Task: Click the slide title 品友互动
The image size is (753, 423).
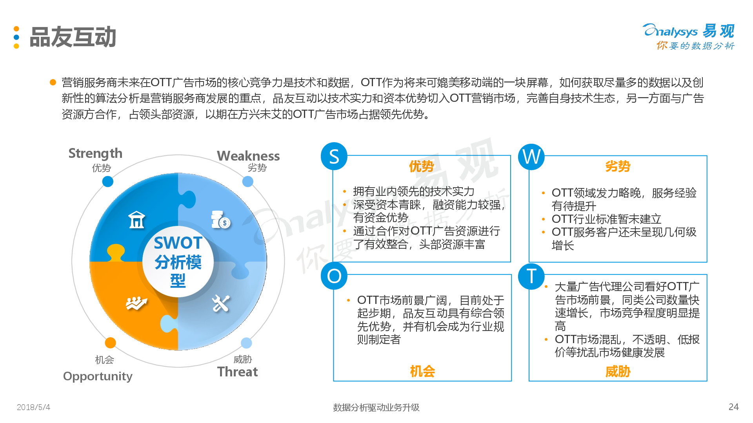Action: [73, 37]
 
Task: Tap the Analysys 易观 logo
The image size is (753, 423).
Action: [689, 36]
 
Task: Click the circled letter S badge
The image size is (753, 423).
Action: [334, 156]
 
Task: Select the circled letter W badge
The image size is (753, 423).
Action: [531, 157]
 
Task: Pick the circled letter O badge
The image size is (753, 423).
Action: [334, 276]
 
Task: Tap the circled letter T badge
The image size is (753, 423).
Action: [531, 276]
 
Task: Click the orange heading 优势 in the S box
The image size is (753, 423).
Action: [421, 166]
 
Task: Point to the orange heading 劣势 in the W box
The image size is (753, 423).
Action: [618, 166]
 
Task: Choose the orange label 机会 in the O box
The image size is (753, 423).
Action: [422, 371]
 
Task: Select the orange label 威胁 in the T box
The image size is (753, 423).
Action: [618, 371]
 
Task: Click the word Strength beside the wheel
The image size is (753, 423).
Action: [95, 154]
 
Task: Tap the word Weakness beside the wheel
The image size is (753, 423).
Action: [248, 156]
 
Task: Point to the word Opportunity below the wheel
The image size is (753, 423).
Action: [98, 376]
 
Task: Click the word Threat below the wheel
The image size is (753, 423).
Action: [238, 372]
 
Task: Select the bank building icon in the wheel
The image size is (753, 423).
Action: [137, 220]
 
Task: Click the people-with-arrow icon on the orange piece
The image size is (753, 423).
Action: [136, 303]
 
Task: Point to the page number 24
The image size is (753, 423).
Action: [733, 407]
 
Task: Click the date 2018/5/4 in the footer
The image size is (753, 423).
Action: [33, 407]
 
